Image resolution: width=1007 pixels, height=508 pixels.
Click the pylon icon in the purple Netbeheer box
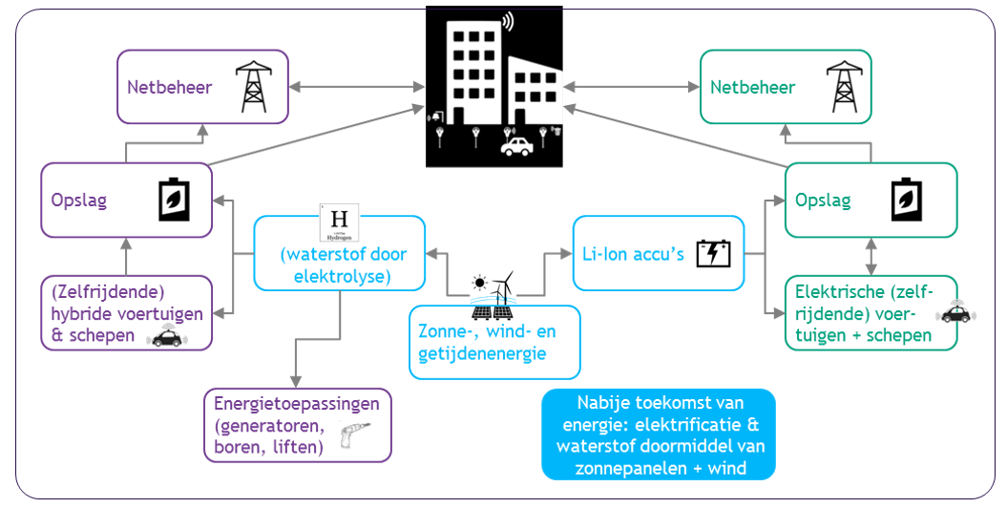click(x=252, y=87)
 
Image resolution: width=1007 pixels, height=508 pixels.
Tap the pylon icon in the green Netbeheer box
click(x=844, y=87)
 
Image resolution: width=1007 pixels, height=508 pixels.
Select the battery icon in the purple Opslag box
click(x=174, y=201)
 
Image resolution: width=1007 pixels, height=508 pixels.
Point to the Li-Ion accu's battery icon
click(x=714, y=254)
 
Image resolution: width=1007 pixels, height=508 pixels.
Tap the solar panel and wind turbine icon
click(x=493, y=295)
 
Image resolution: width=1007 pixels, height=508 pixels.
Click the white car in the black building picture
click(x=517, y=146)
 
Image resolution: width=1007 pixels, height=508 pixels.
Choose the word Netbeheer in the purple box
click(x=169, y=88)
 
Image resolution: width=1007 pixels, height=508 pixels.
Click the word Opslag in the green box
click(x=822, y=201)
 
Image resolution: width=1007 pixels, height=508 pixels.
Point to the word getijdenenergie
click(x=472, y=353)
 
